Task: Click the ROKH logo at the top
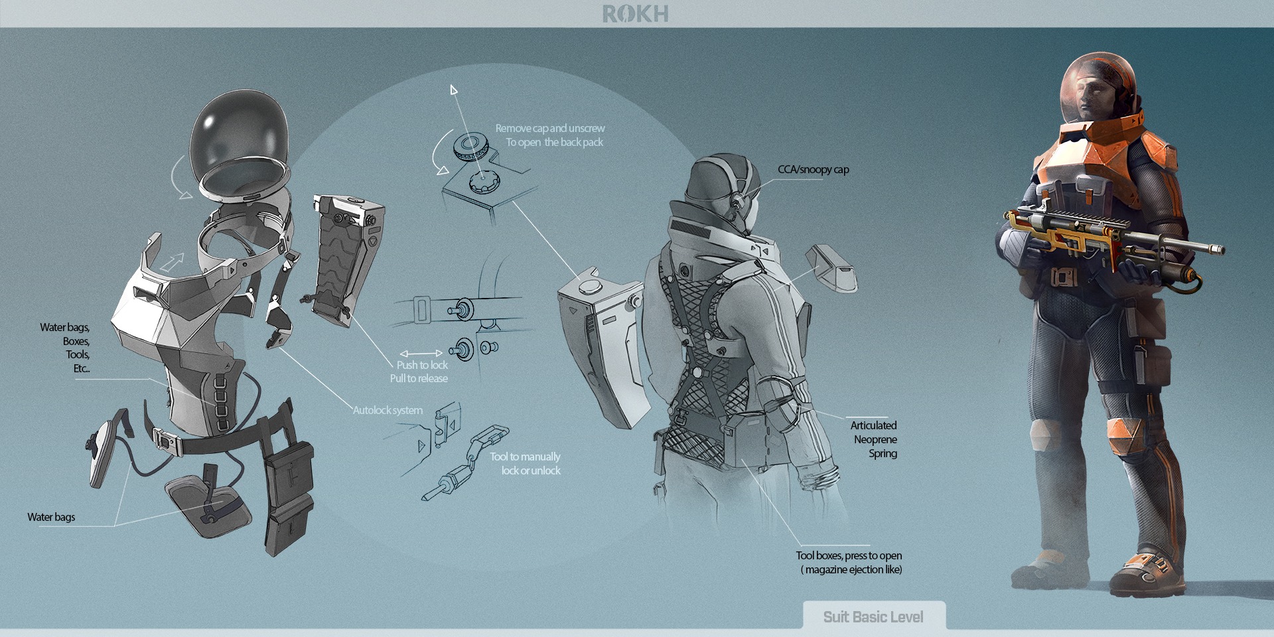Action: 635,14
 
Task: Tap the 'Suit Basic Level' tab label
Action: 873,617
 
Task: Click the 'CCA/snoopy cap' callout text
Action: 813,170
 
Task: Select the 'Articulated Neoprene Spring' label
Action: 875,439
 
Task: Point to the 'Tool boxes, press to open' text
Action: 849,556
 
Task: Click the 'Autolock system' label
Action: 388,410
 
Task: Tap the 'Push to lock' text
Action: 422,365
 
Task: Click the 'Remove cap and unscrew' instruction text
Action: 550,129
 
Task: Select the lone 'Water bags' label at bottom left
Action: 51,517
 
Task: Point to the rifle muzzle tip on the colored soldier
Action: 1220,249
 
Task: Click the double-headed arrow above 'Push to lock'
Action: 421,354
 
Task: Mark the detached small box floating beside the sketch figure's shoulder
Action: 831,267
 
